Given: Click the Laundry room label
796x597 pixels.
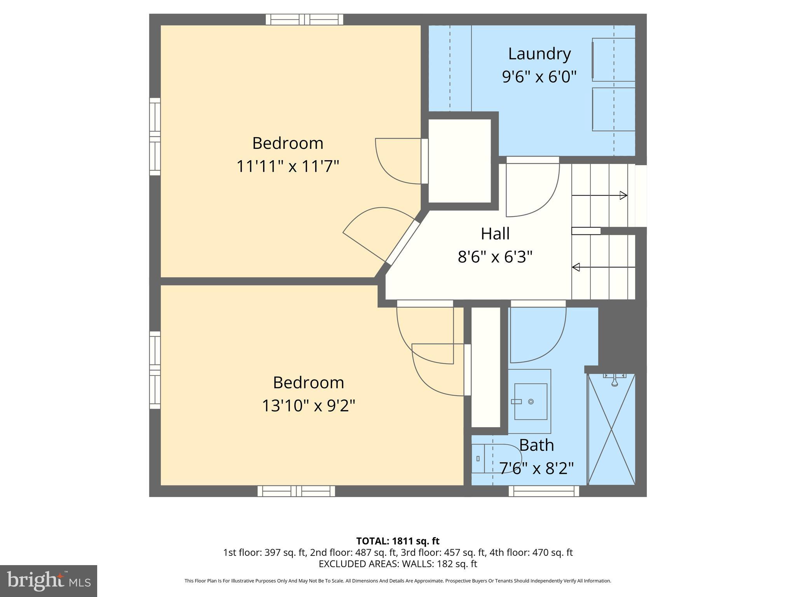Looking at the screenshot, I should point(539,54).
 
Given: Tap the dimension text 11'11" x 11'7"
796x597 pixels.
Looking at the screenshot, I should point(288,166).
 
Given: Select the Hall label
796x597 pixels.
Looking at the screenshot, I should point(495,234).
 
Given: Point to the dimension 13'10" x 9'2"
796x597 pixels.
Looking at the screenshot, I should point(308,406).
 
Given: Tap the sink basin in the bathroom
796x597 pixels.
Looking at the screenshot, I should point(531,401).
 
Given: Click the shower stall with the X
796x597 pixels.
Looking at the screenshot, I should point(611,429).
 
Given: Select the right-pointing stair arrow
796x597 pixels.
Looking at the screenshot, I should point(600,196).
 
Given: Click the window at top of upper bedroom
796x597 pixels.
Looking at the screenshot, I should point(304,19).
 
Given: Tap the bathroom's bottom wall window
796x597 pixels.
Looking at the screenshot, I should point(544,491).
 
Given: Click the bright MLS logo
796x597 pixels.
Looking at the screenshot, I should point(48,581).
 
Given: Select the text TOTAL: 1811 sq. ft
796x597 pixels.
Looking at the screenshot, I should point(398,541).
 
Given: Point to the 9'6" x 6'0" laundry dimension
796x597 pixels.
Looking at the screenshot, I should point(539,77).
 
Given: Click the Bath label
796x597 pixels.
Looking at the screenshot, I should point(536,445).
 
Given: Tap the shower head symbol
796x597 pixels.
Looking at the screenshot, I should point(614,381).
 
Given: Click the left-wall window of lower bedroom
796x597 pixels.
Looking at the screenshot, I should point(155,370).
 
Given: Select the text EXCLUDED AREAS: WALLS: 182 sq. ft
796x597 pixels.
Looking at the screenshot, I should point(398,564).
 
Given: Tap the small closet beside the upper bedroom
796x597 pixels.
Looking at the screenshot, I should point(460,161).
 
